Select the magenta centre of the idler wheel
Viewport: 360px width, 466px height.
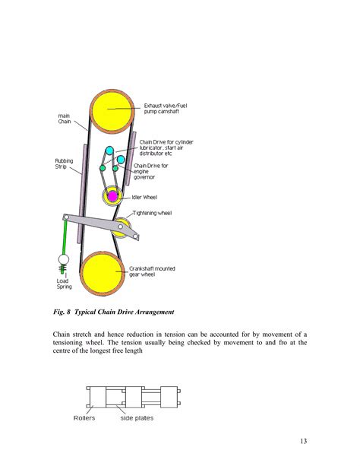112,196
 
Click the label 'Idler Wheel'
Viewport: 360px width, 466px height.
144,196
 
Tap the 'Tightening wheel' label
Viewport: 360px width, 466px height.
152,213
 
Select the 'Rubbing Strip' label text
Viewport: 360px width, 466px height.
64,164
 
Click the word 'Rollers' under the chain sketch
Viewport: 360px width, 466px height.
84,417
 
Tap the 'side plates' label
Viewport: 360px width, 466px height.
137,417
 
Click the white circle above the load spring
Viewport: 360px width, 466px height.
64,260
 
